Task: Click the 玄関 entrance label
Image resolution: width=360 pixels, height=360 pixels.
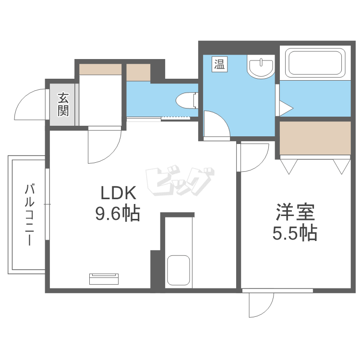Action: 63,105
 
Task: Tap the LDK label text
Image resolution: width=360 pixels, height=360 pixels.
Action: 118,193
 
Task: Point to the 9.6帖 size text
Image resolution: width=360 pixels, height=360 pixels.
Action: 117,213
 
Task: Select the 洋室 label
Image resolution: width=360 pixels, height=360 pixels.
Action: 295,212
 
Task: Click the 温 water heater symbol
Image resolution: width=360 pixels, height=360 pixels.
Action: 219,64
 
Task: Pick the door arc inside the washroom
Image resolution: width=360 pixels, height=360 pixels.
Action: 216,124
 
